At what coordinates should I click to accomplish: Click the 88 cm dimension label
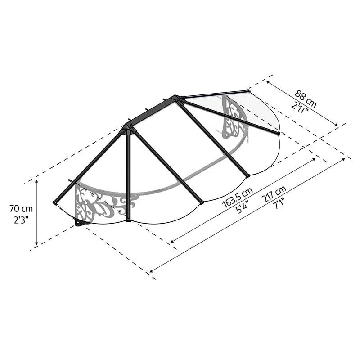point(306,99)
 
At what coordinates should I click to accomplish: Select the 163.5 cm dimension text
point(238,197)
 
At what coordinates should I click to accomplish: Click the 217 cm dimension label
point(275,194)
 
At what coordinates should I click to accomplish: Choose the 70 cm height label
point(21,209)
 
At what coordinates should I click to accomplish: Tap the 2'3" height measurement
point(21,220)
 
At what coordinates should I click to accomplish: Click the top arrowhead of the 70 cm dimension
point(36,182)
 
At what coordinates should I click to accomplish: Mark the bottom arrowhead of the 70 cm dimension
point(36,243)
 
